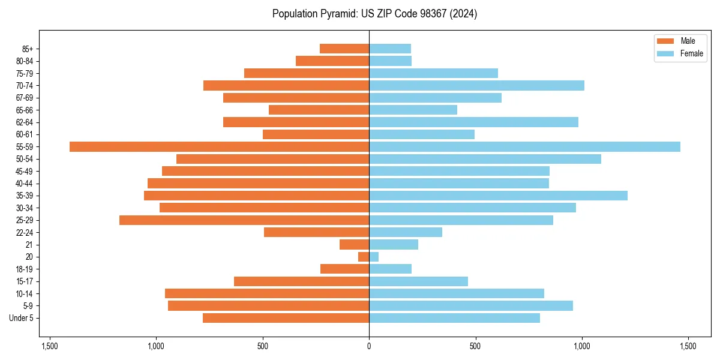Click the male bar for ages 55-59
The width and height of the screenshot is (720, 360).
coord(219,146)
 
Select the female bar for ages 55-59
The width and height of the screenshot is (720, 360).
coord(524,146)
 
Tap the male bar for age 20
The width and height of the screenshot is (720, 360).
coord(364,257)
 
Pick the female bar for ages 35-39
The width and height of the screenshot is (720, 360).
coord(498,196)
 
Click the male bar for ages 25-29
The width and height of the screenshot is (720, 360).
coord(244,220)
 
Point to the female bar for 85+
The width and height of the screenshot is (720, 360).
coord(390,49)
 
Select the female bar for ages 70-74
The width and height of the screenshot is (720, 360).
coord(476,85)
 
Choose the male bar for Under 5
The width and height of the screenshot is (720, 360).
coord(286,318)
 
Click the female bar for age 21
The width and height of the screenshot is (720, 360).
coord(394,245)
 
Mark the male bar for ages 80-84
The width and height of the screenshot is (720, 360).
coord(332,61)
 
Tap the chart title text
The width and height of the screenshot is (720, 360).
coord(374,14)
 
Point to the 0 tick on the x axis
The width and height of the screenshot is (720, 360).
coord(369,347)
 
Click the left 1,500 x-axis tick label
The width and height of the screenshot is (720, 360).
coord(50,347)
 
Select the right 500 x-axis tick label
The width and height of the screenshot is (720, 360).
coord(475,347)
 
